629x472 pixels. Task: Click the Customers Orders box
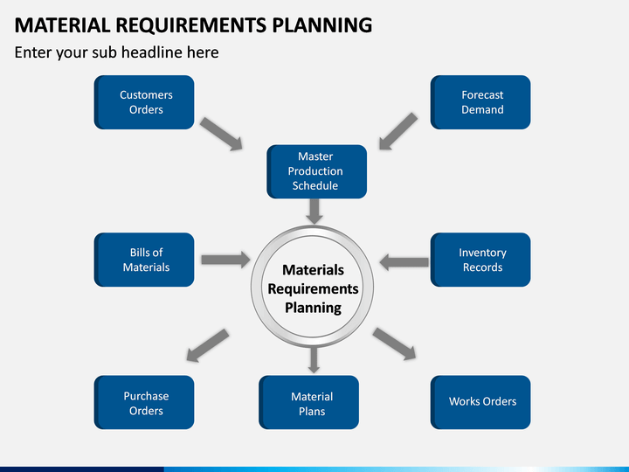pyautogui.click(x=144, y=102)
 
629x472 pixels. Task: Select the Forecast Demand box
pyautogui.click(x=480, y=102)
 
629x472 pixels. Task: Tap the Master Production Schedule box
pyautogui.click(x=317, y=172)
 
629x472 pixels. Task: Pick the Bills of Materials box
pyautogui.click(x=144, y=260)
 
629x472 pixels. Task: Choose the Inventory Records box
pyautogui.click(x=480, y=260)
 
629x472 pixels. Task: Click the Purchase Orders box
pyautogui.click(x=144, y=403)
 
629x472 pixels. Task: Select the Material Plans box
pyautogui.click(x=309, y=403)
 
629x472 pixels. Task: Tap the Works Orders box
pyautogui.click(x=480, y=403)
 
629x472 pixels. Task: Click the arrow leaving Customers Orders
pyautogui.click(x=221, y=134)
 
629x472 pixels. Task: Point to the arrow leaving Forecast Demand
pyautogui.click(x=398, y=131)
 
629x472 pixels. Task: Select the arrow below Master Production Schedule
pyautogui.click(x=314, y=212)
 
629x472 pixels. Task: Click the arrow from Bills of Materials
pyautogui.click(x=225, y=260)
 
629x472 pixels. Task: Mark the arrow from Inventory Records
pyautogui.click(x=404, y=262)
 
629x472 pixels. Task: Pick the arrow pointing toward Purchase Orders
pyautogui.click(x=208, y=345)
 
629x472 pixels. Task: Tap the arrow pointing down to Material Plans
pyautogui.click(x=314, y=360)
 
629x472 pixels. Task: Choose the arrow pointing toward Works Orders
pyautogui.click(x=394, y=344)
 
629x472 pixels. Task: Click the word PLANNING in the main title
pyautogui.click(x=322, y=24)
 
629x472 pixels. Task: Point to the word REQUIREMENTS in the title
pyautogui.click(x=191, y=24)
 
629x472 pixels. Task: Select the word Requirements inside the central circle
pyautogui.click(x=313, y=289)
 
